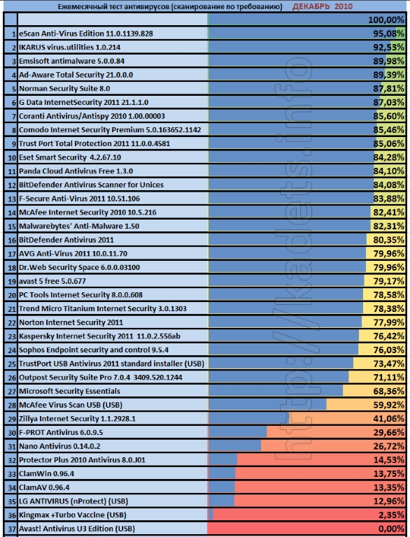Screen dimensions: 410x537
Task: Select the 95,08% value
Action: click(x=389, y=34)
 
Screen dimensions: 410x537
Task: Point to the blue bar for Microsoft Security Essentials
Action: click(x=276, y=391)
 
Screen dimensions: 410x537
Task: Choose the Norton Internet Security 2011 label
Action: click(x=71, y=322)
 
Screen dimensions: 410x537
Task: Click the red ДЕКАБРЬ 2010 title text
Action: click(x=323, y=6)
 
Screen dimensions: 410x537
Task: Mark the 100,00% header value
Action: click(x=386, y=20)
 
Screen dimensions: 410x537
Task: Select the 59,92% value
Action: click(x=389, y=405)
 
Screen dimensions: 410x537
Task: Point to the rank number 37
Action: click(x=12, y=529)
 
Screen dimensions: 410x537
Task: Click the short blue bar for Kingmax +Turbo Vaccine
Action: click(x=211, y=515)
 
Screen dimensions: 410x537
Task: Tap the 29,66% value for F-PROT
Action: click(x=389, y=433)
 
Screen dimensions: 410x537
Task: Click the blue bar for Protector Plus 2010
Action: click(x=222, y=460)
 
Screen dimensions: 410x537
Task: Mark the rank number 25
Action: click(x=12, y=364)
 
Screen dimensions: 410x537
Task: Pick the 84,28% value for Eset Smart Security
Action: click(x=389, y=157)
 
